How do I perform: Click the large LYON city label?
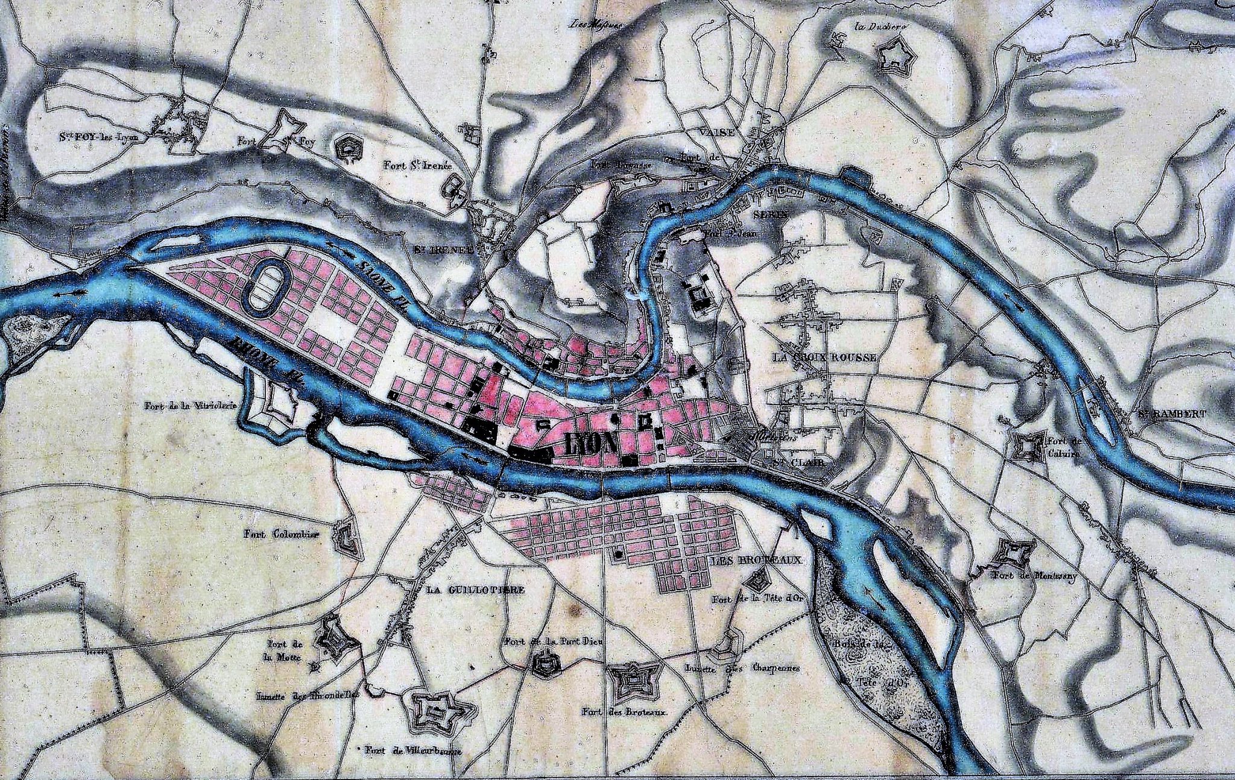click(x=591, y=445)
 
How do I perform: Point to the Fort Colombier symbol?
click(x=346, y=535)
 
